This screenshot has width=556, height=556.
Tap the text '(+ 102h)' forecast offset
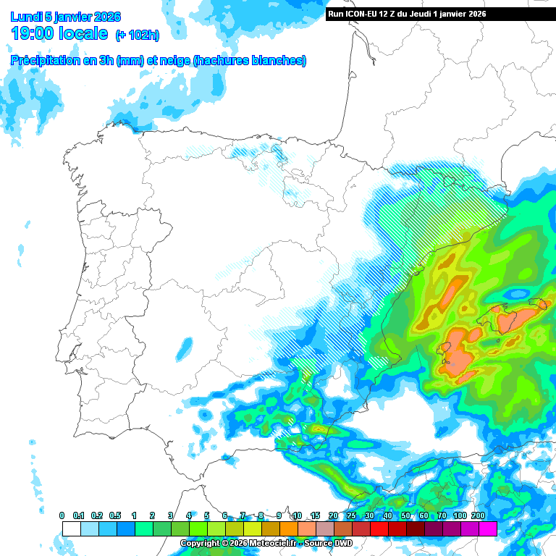(x=138, y=35)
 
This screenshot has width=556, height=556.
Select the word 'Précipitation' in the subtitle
(x=45, y=61)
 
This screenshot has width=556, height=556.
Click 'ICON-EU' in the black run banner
(x=368, y=14)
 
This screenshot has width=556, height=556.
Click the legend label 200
(x=478, y=515)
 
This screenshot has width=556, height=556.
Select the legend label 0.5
(x=117, y=515)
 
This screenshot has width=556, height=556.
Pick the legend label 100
(x=460, y=515)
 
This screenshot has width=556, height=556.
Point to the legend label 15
(x=315, y=515)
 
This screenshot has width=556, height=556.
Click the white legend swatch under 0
(x=71, y=529)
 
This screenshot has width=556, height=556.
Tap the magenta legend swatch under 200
(x=487, y=529)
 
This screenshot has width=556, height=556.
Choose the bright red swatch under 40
(x=379, y=529)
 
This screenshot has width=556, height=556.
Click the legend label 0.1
(x=80, y=515)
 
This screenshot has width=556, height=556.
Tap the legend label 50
(x=405, y=515)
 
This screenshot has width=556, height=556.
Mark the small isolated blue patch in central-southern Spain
(x=184, y=349)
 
